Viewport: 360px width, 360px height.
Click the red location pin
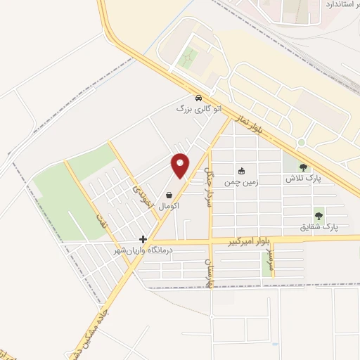click(x=181, y=165)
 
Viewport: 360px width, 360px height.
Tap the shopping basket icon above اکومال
click(x=169, y=195)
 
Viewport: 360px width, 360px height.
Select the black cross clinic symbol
click(x=143, y=239)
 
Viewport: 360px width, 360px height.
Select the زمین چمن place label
click(x=241, y=181)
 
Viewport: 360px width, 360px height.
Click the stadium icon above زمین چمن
click(x=241, y=170)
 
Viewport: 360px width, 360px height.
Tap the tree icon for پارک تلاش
click(x=303, y=167)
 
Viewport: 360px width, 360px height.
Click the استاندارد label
click(x=342, y=5)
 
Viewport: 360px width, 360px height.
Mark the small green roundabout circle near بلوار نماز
click(x=301, y=143)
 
